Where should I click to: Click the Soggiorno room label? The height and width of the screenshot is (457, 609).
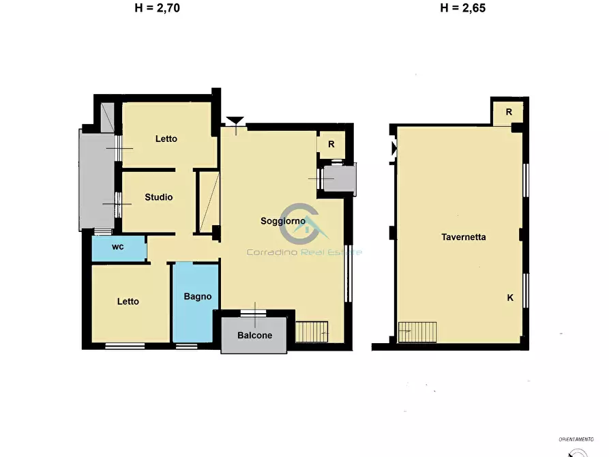click(x=283, y=221)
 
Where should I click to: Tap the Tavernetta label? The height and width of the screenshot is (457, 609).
click(x=463, y=237)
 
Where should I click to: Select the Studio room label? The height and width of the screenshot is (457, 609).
click(x=158, y=197)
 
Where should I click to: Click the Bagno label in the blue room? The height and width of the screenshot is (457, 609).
click(x=198, y=297)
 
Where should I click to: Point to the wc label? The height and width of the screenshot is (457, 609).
click(x=118, y=247)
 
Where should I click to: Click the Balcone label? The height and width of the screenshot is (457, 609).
click(x=255, y=336)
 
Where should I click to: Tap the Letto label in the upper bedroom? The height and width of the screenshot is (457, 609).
click(x=166, y=138)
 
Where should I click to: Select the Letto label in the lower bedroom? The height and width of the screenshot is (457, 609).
click(x=128, y=301)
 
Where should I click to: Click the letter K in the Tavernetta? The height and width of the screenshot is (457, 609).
click(x=510, y=297)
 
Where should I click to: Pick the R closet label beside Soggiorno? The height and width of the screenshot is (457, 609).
click(x=331, y=144)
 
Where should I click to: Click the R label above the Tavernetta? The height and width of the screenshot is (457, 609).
click(x=509, y=112)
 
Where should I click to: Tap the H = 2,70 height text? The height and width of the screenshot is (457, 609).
click(x=158, y=8)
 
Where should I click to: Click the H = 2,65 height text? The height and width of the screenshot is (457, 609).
click(x=463, y=8)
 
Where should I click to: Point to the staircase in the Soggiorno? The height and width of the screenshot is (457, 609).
click(x=312, y=332)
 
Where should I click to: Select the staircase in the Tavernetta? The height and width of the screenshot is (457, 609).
click(x=417, y=332)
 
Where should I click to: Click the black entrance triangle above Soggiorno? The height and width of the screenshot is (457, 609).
click(x=235, y=121)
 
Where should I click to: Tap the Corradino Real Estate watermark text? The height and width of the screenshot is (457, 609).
click(x=304, y=252)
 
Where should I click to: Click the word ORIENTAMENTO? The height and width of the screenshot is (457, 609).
click(x=576, y=439)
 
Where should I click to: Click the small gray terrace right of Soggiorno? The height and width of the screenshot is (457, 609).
click(x=340, y=179)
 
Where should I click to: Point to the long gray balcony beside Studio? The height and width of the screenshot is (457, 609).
click(x=97, y=179)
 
